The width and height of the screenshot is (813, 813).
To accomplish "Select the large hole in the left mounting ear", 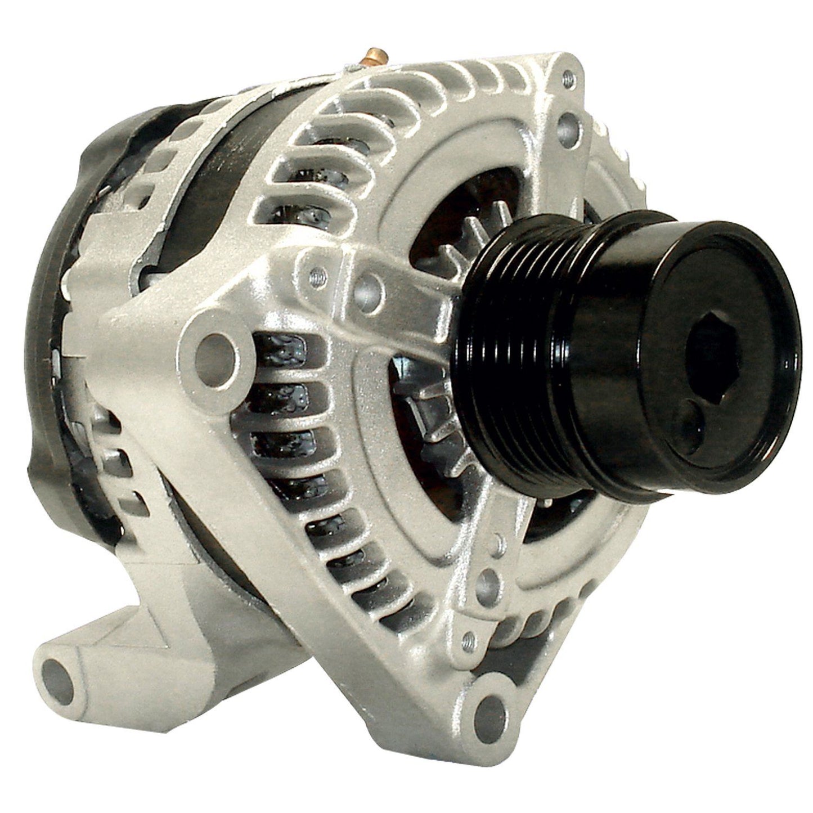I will (215, 348).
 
